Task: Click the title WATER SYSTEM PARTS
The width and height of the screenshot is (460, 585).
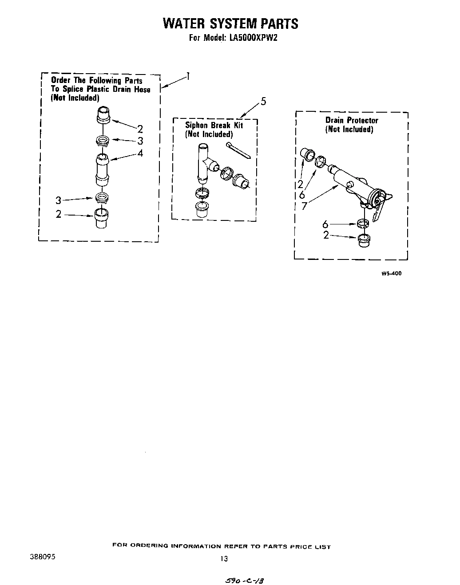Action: (230, 24)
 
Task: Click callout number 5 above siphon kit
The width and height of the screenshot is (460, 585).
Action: (263, 102)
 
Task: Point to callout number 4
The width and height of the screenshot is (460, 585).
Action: (140, 153)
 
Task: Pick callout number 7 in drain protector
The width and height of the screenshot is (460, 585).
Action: (304, 206)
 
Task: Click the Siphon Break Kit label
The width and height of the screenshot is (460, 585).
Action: (214, 126)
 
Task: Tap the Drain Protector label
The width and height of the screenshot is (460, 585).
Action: (352, 120)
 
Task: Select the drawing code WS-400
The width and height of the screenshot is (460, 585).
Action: (391, 274)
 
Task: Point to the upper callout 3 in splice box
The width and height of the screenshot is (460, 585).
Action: (140, 141)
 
